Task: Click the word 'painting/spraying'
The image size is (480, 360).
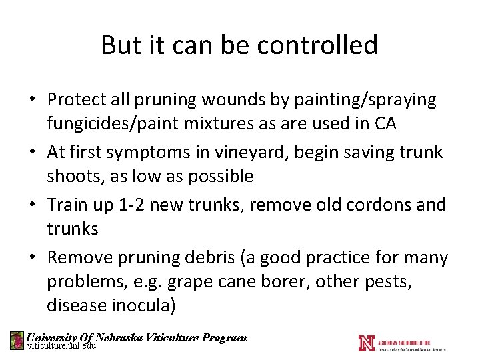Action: (365, 100)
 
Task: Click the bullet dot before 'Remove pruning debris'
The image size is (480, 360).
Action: (32, 257)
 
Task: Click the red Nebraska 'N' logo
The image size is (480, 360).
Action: (366, 343)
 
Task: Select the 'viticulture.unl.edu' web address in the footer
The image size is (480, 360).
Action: (61, 346)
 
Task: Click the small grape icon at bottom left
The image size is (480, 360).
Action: (17, 340)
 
